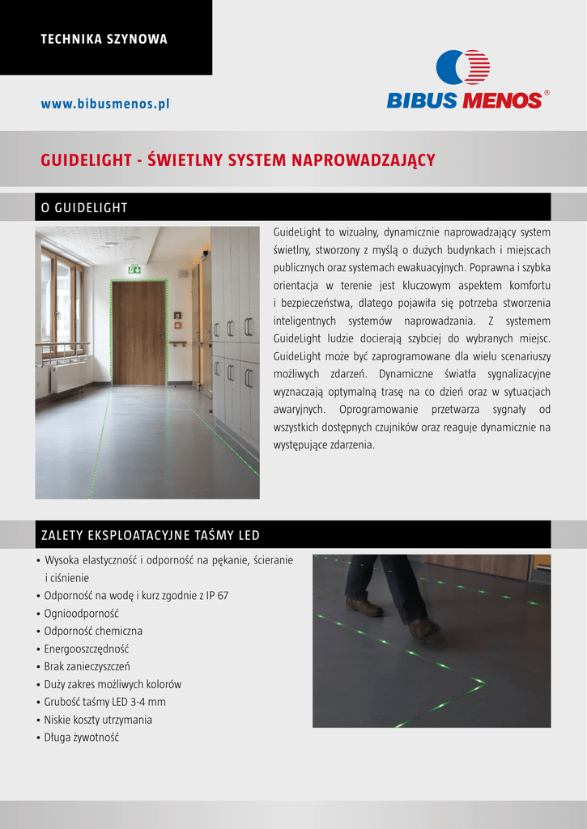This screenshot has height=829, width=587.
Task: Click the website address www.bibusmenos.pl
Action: (x=105, y=104)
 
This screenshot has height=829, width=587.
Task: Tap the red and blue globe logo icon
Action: (x=463, y=67)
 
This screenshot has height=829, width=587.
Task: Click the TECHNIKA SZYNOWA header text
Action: (x=104, y=39)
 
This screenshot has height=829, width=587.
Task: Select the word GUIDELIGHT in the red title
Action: (x=87, y=160)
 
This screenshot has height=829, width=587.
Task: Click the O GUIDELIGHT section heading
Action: (x=84, y=208)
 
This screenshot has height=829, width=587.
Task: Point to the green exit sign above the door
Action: (x=134, y=269)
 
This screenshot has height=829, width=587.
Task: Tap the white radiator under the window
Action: (x=68, y=377)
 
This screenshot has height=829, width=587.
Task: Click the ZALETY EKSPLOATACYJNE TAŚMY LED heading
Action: (x=150, y=536)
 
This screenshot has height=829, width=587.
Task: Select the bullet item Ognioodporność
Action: (x=81, y=613)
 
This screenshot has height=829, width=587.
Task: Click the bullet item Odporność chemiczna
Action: (x=93, y=631)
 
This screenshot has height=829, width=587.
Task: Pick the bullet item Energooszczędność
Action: (x=86, y=648)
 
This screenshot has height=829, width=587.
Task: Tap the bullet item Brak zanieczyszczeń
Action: (x=87, y=666)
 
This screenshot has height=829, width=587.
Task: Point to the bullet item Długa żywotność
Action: (x=81, y=738)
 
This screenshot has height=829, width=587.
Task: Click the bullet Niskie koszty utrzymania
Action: (x=98, y=720)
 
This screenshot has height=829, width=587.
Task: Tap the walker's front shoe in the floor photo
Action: (x=423, y=627)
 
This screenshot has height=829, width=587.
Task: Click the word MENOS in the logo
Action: (x=501, y=100)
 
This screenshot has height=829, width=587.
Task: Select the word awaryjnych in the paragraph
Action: (x=300, y=410)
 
